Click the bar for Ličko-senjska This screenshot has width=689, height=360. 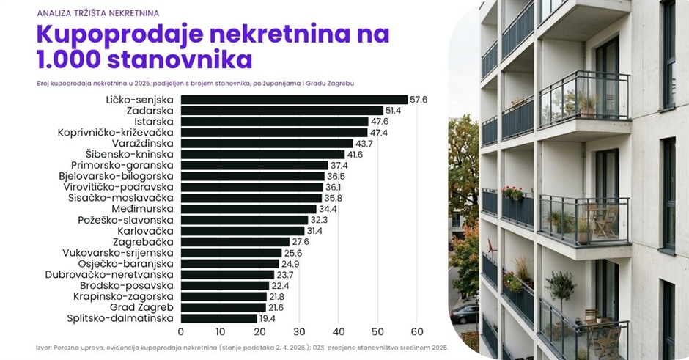pos(294,100)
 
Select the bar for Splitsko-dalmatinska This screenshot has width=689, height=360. pos(219,319)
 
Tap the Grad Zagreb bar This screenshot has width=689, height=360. pos(224,308)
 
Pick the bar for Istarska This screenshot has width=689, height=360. pos(274,122)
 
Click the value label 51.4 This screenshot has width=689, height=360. pos(394,111)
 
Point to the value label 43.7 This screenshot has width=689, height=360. pos(364,144)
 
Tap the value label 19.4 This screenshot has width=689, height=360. pos(267,319)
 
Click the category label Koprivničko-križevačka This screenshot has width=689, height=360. pos(116,133)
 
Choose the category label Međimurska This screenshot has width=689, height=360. pos(142,209)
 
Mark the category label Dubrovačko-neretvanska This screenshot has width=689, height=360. pos(109,275)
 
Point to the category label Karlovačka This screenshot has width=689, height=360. pos(145,231)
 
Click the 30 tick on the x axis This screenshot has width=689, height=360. pos(299,331)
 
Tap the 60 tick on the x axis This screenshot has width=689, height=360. pos(417,331)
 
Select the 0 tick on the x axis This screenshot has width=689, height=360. pos(180,331)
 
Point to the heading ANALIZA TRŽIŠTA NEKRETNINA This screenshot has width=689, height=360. pos(98,13)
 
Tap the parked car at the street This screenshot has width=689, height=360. pos(465,315)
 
